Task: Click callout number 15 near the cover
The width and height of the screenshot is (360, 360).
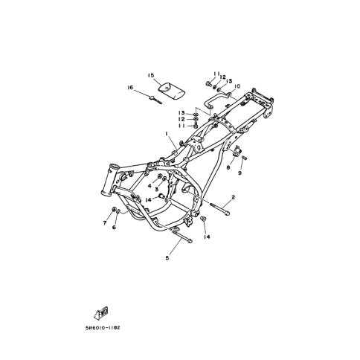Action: click(151, 75)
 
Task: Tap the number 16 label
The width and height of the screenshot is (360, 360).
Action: click(130, 88)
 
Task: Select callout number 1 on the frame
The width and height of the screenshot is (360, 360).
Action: click(167, 134)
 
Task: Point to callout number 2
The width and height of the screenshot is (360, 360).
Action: click(233, 197)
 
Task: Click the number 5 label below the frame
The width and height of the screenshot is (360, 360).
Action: click(167, 258)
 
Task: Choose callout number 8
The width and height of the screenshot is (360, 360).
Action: click(228, 167)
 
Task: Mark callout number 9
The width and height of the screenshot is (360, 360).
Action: click(240, 173)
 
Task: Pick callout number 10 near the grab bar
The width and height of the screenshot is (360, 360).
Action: click(237, 86)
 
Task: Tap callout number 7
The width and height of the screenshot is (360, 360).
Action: click(105, 223)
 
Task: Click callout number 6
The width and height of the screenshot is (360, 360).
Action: click(114, 227)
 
